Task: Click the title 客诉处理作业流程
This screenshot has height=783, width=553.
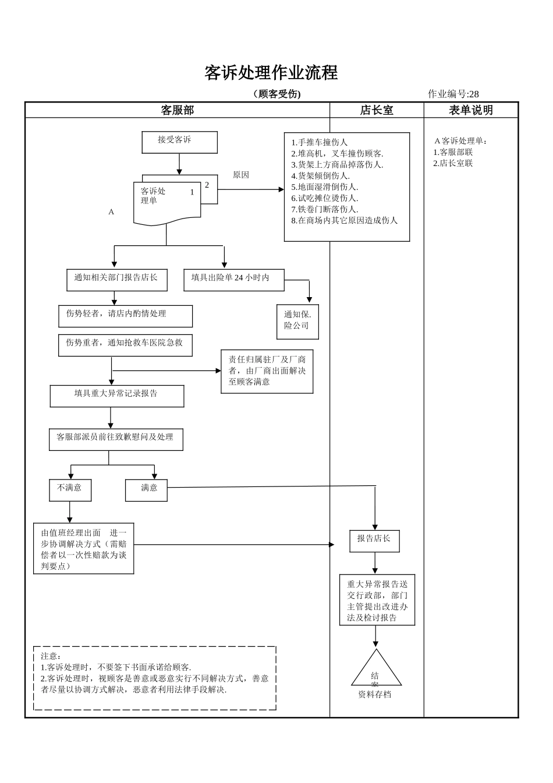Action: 271,73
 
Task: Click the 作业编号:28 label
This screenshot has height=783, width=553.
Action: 453,94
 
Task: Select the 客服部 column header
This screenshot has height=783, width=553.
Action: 177,110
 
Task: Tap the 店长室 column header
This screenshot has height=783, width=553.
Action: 376,110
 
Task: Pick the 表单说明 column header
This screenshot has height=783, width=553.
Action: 470,110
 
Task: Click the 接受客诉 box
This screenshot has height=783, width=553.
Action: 179,142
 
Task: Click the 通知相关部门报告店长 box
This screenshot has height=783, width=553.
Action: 116,279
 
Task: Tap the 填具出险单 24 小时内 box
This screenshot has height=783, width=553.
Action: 233,279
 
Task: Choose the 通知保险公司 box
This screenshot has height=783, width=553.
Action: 297,321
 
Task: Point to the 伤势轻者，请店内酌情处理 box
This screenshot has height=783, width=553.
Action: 125,315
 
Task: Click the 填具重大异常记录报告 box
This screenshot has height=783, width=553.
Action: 116,396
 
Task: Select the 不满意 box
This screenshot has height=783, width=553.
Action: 70,489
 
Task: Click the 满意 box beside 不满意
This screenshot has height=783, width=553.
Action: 146,489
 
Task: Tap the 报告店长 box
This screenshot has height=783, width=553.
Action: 374,540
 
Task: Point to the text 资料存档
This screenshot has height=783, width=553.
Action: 374,694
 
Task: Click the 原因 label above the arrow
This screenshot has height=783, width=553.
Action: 240,175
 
